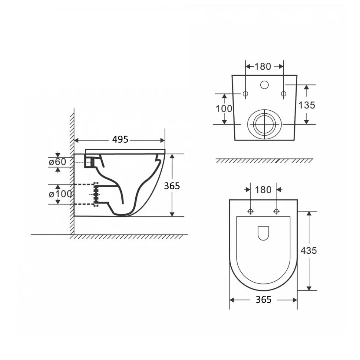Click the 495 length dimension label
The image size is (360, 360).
pyautogui.click(x=120, y=139)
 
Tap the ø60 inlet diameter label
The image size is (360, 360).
pyautogui.click(x=58, y=162)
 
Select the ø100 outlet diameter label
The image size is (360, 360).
pyautogui.click(x=60, y=194)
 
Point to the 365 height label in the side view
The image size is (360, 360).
pyautogui.click(x=172, y=186)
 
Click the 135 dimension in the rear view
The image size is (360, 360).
pyautogui.click(x=307, y=105)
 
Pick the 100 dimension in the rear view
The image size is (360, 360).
pyautogui.click(x=224, y=109)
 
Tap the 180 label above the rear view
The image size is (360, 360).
pyautogui.click(x=263, y=67)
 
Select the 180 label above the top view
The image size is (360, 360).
pyautogui.click(x=263, y=190)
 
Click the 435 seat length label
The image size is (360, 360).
pyautogui.click(x=309, y=250)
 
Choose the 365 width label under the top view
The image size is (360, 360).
pyautogui.click(x=264, y=300)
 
